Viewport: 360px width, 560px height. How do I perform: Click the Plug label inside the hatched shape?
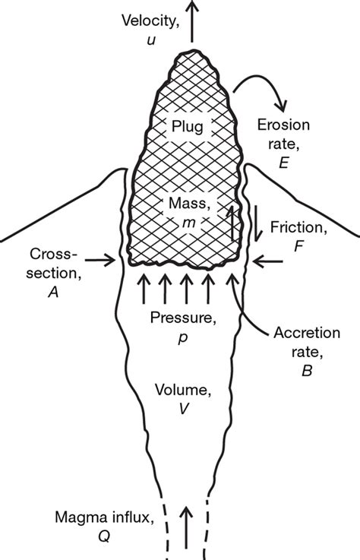(187, 126)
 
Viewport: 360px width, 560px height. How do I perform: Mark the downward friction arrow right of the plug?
(260, 220)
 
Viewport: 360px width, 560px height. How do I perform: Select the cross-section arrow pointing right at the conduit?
(99, 261)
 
